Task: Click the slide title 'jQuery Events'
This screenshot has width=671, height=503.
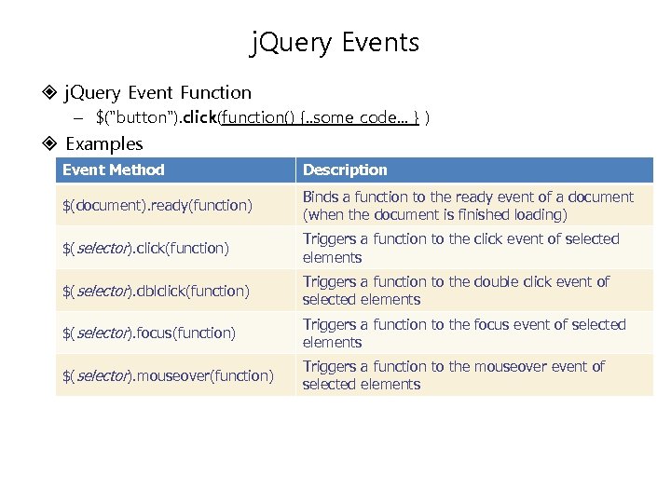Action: tap(335, 43)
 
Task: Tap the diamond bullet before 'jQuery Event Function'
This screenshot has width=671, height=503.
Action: tap(50, 92)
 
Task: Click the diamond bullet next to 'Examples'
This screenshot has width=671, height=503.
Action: tap(50, 143)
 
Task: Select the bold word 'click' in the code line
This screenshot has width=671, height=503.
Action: tap(199, 117)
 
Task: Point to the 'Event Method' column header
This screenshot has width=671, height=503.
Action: tap(113, 170)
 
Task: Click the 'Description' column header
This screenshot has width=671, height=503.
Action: tap(345, 170)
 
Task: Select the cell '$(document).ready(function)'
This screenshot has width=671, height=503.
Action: tap(157, 205)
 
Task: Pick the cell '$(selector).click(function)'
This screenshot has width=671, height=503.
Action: tap(144, 248)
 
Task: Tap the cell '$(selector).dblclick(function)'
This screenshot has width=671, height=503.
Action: tap(156, 291)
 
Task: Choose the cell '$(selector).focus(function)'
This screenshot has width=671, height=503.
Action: tap(148, 333)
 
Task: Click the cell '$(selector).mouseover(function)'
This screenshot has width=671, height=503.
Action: tap(168, 375)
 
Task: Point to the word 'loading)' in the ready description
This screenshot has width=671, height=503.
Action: tap(541, 214)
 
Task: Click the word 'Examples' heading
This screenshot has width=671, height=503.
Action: tap(104, 143)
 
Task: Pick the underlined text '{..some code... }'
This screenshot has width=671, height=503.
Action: tap(363, 117)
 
